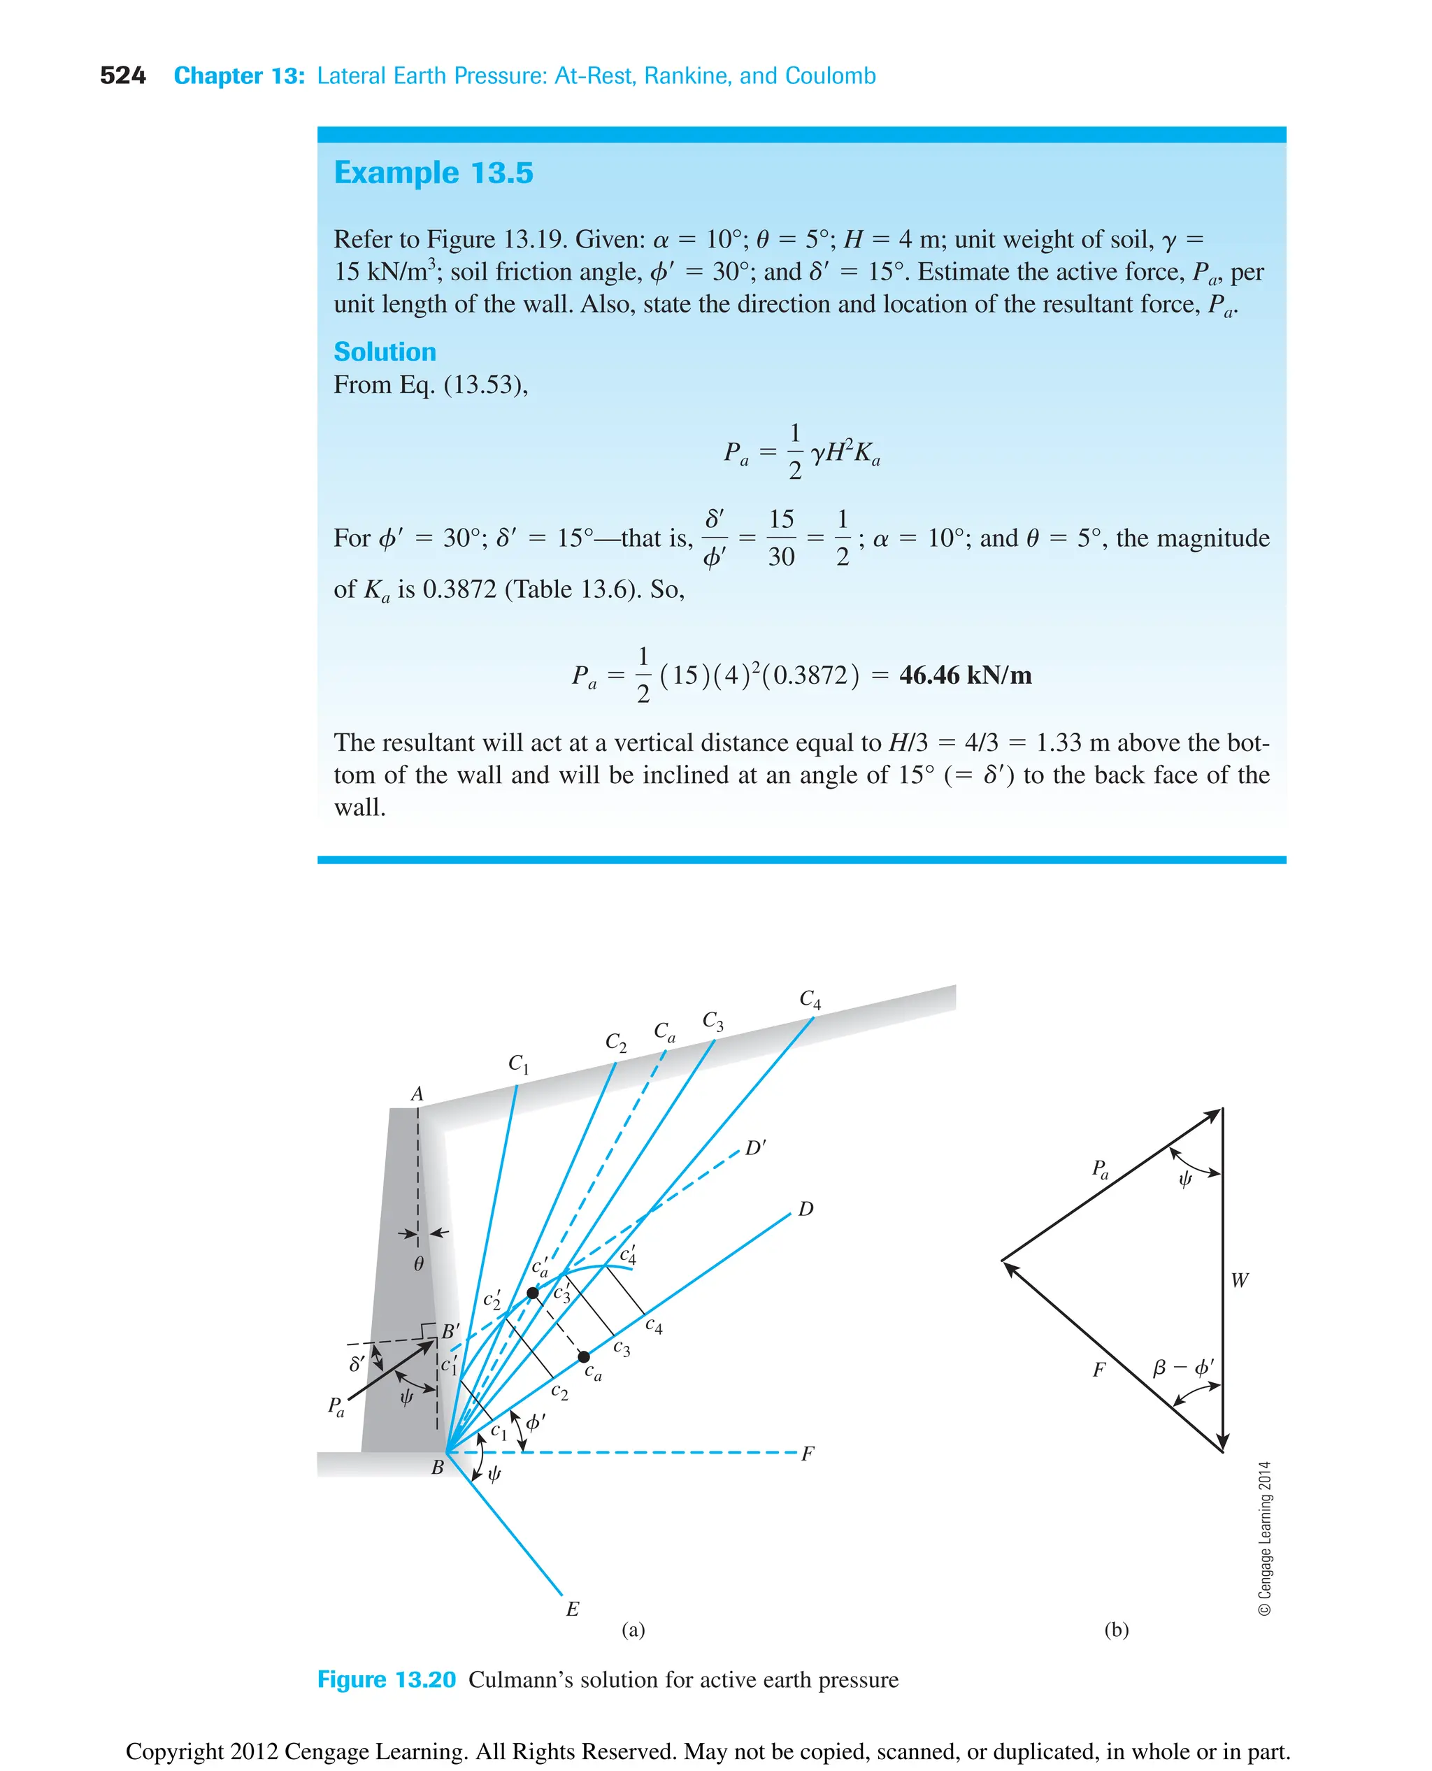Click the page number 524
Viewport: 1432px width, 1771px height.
click(x=122, y=76)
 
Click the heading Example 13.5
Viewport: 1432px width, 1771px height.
click(x=433, y=173)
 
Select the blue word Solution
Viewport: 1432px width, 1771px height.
click(x=385, y=352)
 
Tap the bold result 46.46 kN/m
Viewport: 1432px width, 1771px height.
click(x=964, y=675)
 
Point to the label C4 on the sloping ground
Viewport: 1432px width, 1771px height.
click(x=810, y=1000)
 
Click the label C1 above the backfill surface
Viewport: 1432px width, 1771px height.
click(x=518, y=1064)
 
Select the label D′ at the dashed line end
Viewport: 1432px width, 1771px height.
click(x=754, y=1148)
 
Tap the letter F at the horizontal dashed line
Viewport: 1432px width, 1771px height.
click(x=808, y=1454)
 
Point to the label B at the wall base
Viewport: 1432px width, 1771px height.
click(x=438, y=1468)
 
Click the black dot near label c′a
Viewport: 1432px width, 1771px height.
click(x=533, y=1293)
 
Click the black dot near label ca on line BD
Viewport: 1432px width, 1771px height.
click(x=584, y=1357)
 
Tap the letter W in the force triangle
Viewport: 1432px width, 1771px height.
click(x=1239, y=1281)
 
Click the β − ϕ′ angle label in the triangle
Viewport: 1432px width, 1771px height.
click(x=1183, y=1368)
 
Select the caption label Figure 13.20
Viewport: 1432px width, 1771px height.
click(x=386, y=1680)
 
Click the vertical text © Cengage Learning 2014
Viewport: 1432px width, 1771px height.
click(x=1265, y=1538)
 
